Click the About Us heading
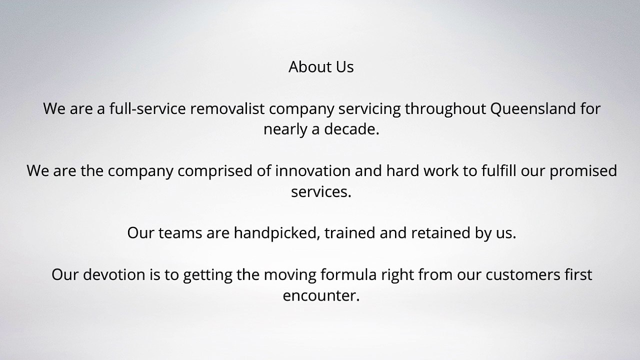point(321,67)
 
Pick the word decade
point(351,129)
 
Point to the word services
point(321,192)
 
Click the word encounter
point(321,296)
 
